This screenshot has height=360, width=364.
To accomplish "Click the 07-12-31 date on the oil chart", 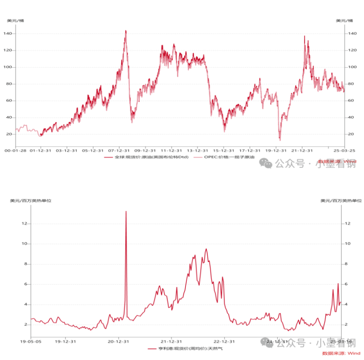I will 119,151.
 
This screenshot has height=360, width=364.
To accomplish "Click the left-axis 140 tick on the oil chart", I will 8,34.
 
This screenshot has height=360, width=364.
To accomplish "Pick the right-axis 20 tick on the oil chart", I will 351,134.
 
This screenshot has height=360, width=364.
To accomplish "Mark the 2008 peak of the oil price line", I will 126,31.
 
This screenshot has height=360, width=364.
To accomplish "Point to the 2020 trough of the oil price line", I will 280,140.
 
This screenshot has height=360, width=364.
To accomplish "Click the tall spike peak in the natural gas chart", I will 126,211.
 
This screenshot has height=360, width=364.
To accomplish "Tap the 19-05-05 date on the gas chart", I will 31,341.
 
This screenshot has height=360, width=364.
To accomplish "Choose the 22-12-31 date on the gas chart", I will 224,341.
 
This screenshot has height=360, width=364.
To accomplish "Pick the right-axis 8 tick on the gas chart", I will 346,264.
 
